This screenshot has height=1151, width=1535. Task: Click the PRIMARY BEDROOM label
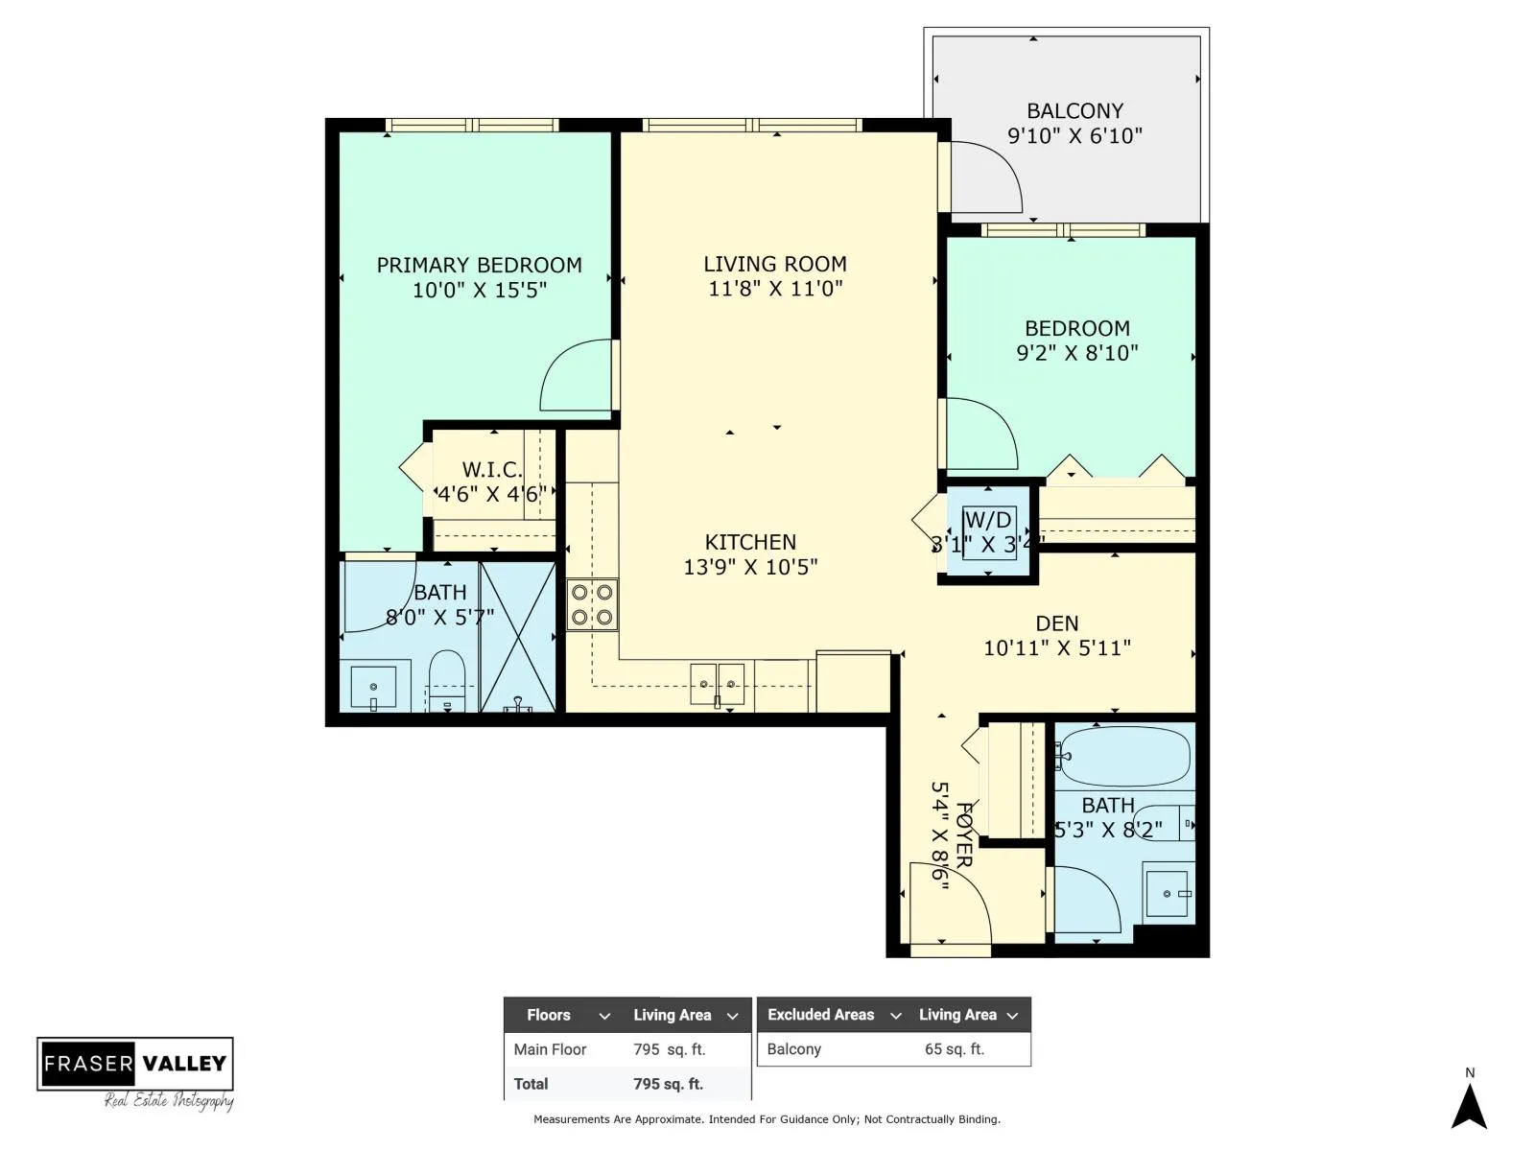pos(479,266)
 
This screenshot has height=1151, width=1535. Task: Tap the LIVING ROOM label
pos(775,264)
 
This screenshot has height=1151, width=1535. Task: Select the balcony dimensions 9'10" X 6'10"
pos(1074,135)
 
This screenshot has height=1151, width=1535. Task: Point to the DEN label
pos(1056,623)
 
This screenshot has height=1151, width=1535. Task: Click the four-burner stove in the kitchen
pos(592,605)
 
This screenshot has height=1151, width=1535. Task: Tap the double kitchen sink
pos(717,685)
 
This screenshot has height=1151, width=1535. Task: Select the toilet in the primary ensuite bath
pos(447,681)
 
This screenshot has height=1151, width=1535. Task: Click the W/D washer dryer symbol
pos(988,532)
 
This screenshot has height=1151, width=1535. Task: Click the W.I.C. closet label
pos(492,470)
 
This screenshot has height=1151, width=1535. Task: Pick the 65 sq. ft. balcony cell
pos(954,1049)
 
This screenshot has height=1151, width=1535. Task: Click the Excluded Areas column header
pos(820,1015)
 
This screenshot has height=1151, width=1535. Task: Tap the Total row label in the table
pos(531,1084)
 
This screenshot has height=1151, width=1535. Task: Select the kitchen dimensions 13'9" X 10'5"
pos(749,567)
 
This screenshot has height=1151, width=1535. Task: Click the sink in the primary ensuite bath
pos(373,687)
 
